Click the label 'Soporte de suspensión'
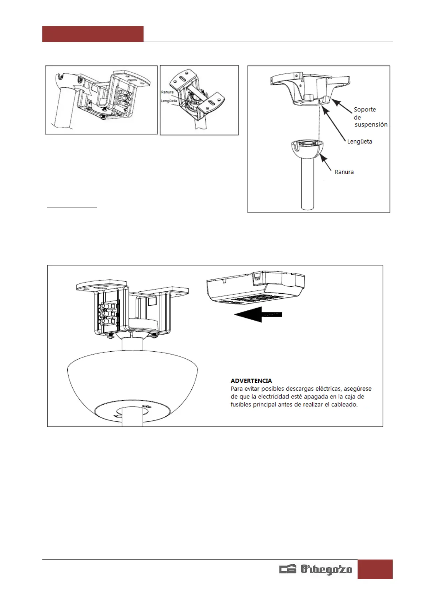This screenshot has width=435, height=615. [370, 117]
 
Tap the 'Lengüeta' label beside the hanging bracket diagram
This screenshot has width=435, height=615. [359, 142]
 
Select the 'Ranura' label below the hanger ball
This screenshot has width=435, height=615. [344, 172]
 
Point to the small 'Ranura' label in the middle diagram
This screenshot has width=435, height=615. [167, 92]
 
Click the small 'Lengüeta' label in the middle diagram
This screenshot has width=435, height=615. [169, 101]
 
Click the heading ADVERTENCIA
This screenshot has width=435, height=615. [251, 381]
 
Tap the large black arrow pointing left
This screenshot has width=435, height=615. [258, 314]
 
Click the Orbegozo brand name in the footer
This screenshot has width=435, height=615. [326, 569]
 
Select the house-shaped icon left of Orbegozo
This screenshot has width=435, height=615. [288, 569]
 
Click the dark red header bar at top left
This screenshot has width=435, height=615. [93, 34]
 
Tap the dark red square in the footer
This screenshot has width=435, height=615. [375, 569]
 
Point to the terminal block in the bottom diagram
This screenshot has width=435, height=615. [108, 313]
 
